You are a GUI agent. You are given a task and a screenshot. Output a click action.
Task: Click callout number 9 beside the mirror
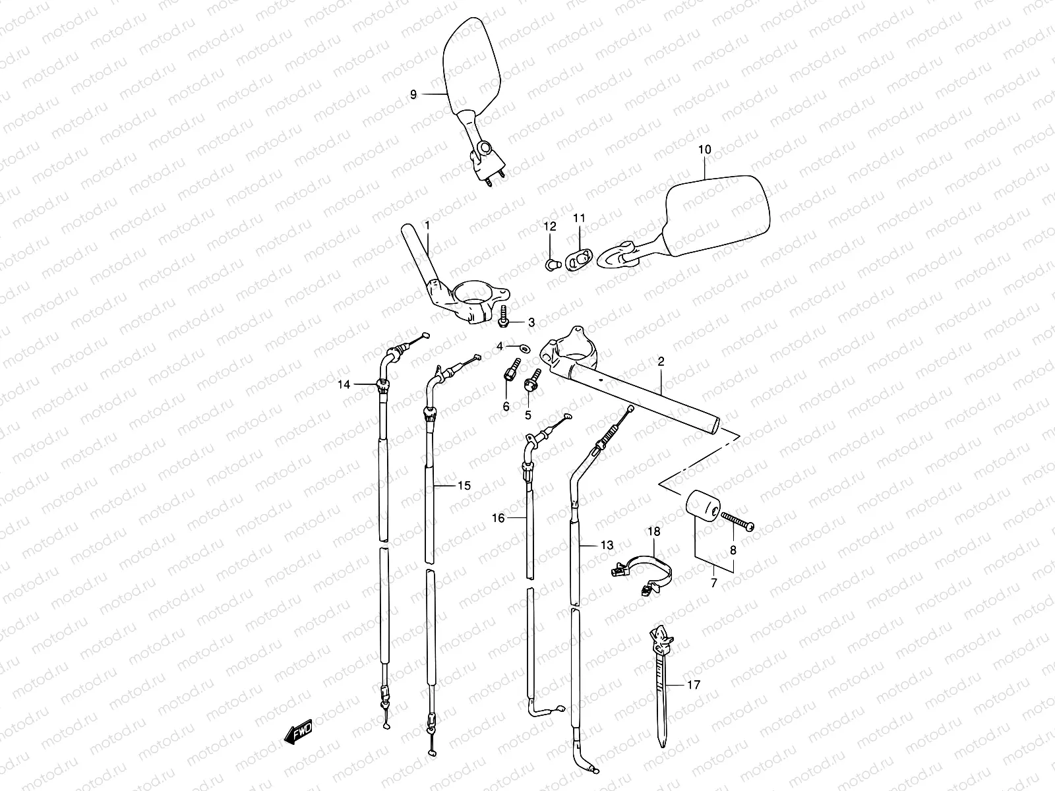(413, 94)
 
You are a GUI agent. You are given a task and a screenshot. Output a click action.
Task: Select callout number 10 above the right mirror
(704, 150)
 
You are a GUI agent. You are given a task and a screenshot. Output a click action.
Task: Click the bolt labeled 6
(512, 368)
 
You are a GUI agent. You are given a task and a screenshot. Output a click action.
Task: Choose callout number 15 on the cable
(464, 486)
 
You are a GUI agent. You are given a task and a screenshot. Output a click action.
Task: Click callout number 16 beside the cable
(498, 519)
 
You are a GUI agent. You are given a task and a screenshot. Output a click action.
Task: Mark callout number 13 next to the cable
(607, 545)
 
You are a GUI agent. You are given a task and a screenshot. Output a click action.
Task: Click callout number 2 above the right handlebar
(661, 361)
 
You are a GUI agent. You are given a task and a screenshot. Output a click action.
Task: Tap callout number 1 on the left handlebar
(427, 225)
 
